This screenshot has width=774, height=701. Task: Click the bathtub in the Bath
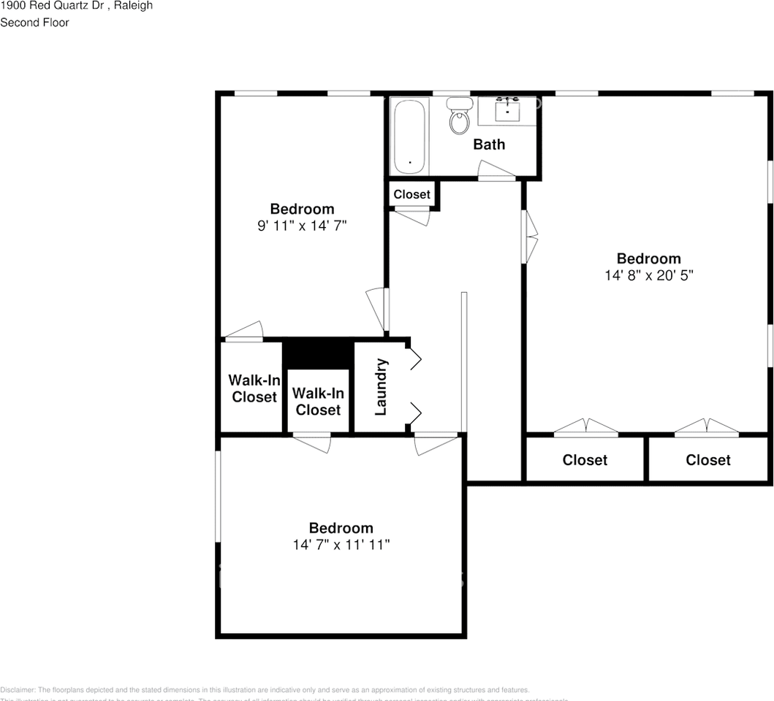coord(409,137)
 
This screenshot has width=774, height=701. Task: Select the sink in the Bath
coord(507,112)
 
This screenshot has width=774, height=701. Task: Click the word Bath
coord(489,145)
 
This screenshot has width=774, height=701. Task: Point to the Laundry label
coord(380,387)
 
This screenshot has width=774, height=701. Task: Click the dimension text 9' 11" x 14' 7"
coord(302,226)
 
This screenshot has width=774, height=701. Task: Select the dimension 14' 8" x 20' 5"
coord(648,275)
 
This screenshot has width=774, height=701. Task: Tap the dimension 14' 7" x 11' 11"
coord(341,545)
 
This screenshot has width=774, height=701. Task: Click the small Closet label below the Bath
coord(412,194)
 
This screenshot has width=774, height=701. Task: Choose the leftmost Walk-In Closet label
coord(254,388)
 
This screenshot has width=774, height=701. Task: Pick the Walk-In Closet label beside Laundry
coord(318,402)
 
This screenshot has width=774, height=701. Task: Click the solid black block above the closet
coord(318,354)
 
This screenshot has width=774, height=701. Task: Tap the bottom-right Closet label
coord(707,460)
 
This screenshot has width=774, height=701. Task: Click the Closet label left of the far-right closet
coord(585,460)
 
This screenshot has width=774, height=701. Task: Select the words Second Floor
coord(34,23)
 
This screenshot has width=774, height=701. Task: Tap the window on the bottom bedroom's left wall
coord(218,497)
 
